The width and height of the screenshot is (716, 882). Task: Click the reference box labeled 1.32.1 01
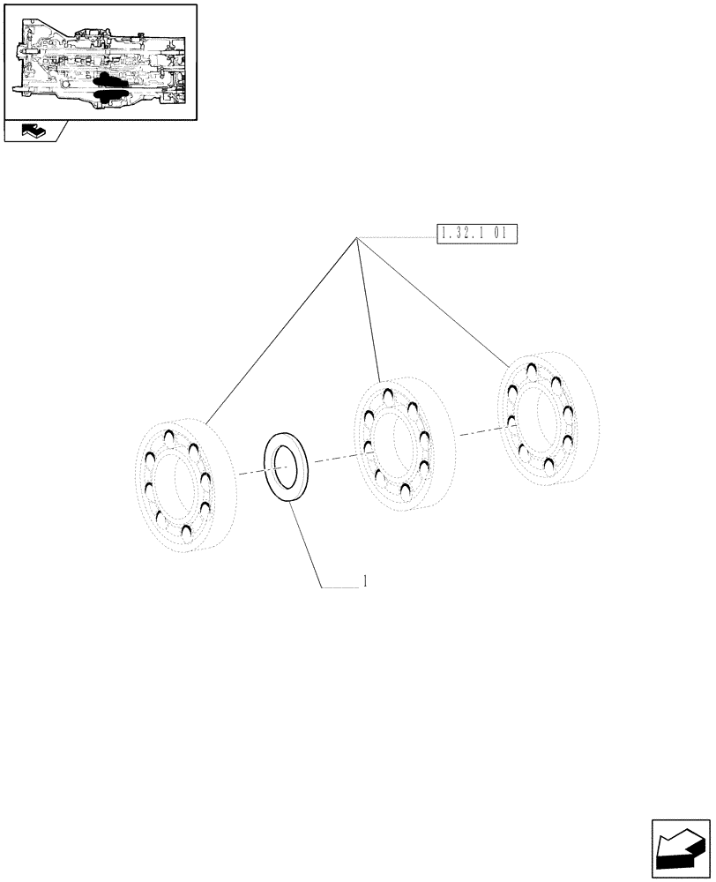coord(476,234)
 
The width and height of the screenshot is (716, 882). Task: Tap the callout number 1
coord(364,582)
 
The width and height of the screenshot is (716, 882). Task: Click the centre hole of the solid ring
coord(287,466)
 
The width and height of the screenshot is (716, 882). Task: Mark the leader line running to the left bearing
coord(282,327)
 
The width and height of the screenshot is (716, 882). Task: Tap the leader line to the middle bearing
coord(368,309)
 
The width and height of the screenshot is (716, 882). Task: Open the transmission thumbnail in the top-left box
coord(99,62)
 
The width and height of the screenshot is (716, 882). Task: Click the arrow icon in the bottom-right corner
coord(680,848)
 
